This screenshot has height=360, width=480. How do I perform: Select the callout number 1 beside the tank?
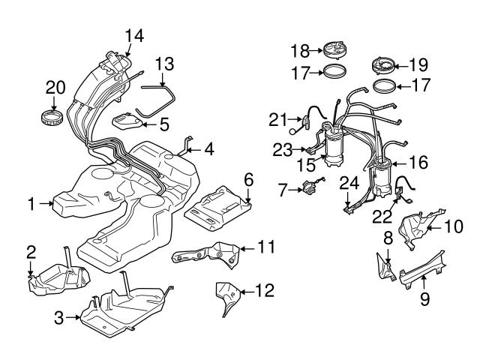point(31,202)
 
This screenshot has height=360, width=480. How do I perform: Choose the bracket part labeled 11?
point(205,256)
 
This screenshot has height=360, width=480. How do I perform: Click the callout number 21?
point(278,118)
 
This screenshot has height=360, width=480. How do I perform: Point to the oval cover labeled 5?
point(127,121)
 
